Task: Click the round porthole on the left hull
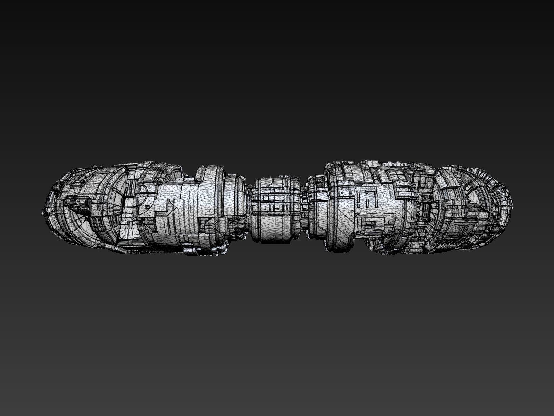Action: (147, 207)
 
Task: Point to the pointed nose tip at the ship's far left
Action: (43, 213)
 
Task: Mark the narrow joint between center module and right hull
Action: (304, 209)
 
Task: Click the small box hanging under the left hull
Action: (190, 250)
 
